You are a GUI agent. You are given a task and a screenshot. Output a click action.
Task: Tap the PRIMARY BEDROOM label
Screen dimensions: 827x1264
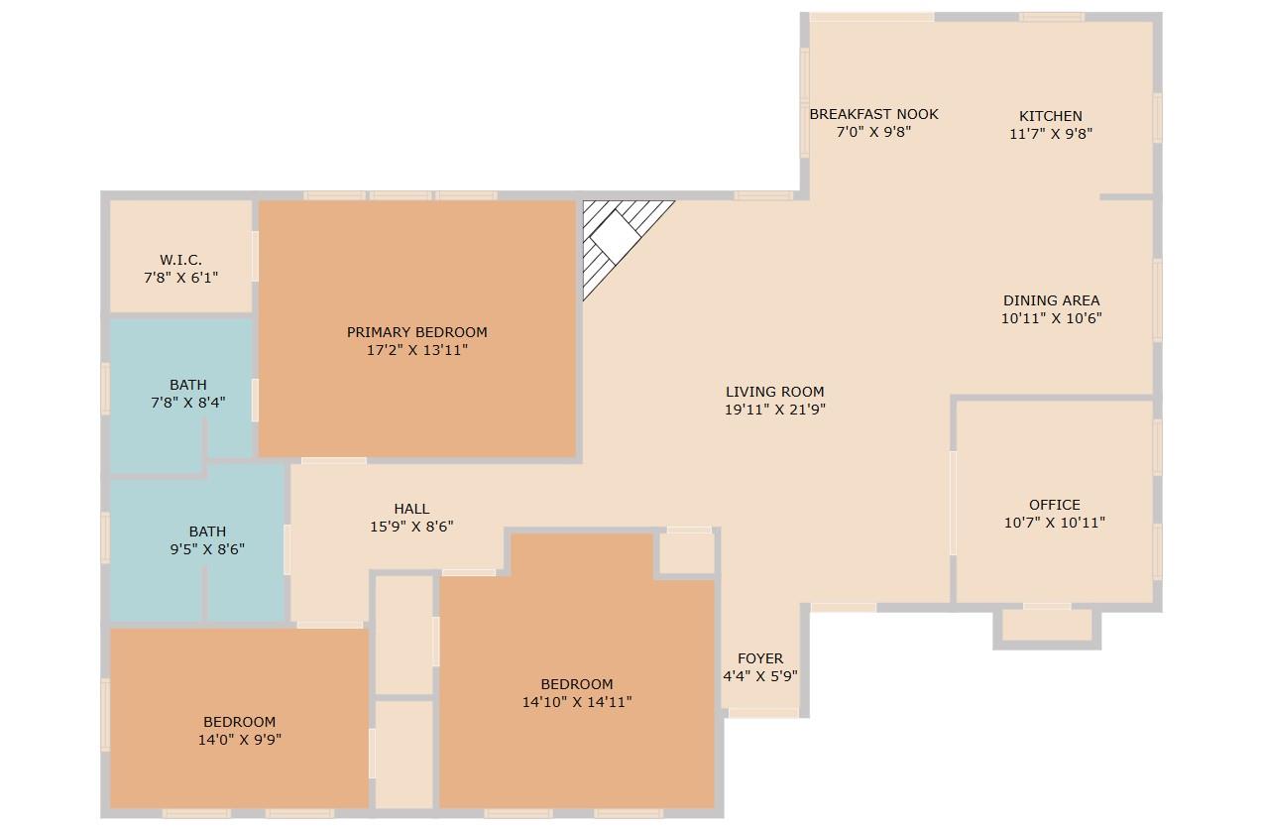point(416,332)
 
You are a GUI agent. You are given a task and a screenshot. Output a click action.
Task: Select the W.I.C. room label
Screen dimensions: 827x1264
point(180,260)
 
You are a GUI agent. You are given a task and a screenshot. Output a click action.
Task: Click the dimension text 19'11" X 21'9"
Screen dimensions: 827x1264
point(775,409)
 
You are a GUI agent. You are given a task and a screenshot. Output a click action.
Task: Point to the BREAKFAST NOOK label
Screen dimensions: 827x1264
point(873,114)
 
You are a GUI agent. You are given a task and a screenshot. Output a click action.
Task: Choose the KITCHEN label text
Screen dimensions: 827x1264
point(1051,116)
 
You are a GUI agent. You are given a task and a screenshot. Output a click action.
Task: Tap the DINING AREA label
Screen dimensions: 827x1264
point(1051,300)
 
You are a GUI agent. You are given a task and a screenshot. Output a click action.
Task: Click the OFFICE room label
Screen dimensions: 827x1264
point(1054,505)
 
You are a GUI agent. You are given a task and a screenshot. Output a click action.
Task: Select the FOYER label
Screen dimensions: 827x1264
point(760,658)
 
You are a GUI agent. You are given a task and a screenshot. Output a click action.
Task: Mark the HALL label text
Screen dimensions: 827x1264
point(411,509)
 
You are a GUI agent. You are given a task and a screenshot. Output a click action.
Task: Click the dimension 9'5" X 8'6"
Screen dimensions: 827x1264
point(207,548)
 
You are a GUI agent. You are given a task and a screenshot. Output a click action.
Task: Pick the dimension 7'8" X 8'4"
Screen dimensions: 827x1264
point(188,403)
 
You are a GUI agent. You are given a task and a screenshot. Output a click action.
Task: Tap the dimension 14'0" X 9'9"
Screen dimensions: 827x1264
point(240,739)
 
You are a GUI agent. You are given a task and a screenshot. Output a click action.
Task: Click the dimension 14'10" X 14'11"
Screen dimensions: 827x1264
point(577,701)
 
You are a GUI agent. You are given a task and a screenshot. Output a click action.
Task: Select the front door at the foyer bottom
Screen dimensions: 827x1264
point(762,712)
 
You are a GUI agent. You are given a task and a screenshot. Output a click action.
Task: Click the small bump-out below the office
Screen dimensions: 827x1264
point(1046,625)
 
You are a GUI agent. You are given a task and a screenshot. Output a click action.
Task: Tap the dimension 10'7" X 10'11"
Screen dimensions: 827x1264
point(1054,523)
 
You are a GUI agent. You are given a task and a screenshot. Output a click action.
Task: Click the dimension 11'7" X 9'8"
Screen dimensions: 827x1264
point(1051,134)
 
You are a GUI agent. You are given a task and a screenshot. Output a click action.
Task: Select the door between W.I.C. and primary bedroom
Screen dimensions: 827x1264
point(255,256)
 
